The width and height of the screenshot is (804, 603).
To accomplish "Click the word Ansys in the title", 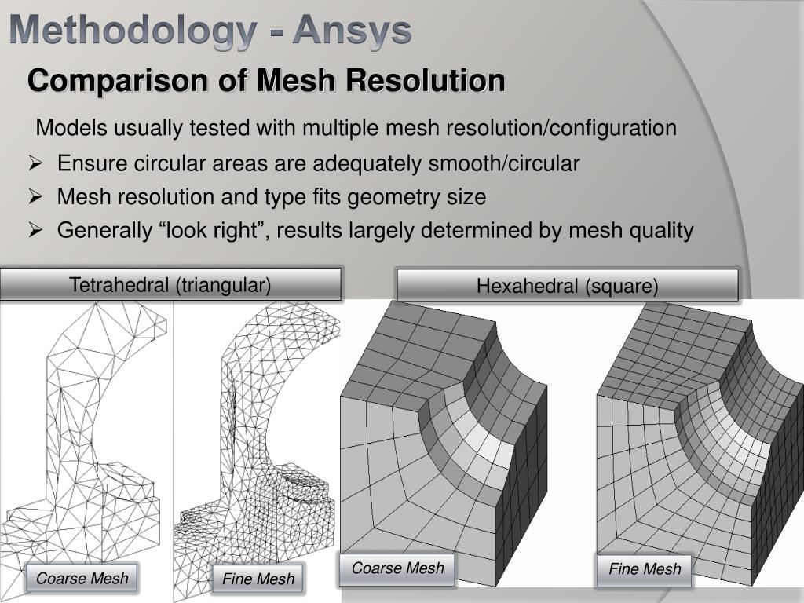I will point(352,31).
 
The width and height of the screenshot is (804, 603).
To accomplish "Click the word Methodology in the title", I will point(133,31).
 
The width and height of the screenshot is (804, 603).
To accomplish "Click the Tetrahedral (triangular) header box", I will point(170,284).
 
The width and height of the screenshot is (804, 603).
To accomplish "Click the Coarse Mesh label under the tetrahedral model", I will point(82,579).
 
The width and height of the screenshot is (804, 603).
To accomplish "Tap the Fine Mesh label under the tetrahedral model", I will point(258,579).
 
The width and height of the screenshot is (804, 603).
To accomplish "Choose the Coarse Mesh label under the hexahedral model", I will point(397,568).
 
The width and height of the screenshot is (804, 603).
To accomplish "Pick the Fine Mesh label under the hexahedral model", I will point(645,569).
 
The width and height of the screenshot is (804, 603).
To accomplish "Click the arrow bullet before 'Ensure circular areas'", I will point(35,163).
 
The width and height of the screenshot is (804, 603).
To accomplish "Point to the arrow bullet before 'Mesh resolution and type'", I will point(35,196).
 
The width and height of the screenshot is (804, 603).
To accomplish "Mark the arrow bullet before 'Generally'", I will point(35,230).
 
